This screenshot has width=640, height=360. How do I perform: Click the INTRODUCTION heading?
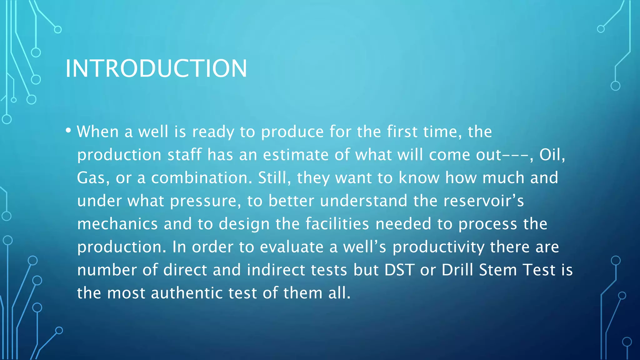pos(156,68)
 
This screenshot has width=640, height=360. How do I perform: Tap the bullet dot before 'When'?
pos(68,130)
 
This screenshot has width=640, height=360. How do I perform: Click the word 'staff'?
pos(184,155)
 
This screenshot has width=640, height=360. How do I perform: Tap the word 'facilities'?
pos(337,224)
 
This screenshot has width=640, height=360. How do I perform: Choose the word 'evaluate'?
pos(292,247)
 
